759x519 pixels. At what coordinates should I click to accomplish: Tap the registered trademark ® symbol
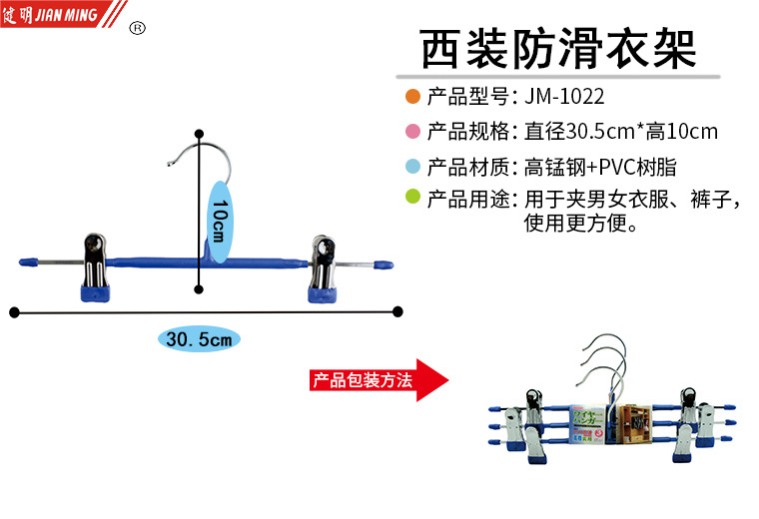(x=138, y=28)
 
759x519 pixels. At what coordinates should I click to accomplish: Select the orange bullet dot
(x=412, y=97)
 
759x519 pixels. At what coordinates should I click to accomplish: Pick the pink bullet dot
(x=412, y=131)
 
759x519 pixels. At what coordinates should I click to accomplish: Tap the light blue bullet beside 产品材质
(x=412, y=166)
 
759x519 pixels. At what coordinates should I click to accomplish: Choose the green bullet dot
(x=412, y=199)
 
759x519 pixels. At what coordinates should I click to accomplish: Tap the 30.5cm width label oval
(x=200, y=339)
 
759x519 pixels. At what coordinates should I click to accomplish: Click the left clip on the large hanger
(x=97, y=266)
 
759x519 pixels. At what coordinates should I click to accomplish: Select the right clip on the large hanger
(x=326, y=266)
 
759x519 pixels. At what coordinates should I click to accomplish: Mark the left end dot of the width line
(x=14, y=312)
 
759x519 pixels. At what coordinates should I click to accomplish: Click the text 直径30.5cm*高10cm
(x=621, y=131)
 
